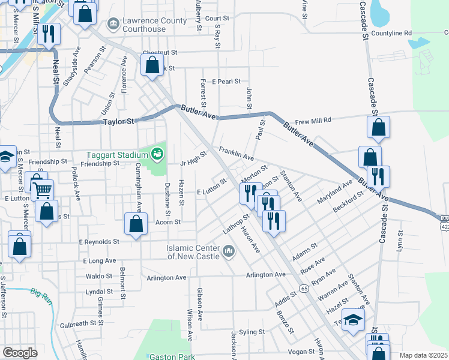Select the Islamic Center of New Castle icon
click(228, 251)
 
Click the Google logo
click(20, 353)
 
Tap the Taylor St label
click(118, 121)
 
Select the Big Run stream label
click(43, 293)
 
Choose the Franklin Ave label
click(236, 153)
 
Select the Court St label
click(217, 19)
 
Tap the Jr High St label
click(193, 158)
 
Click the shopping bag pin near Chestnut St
click(152, 65)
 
